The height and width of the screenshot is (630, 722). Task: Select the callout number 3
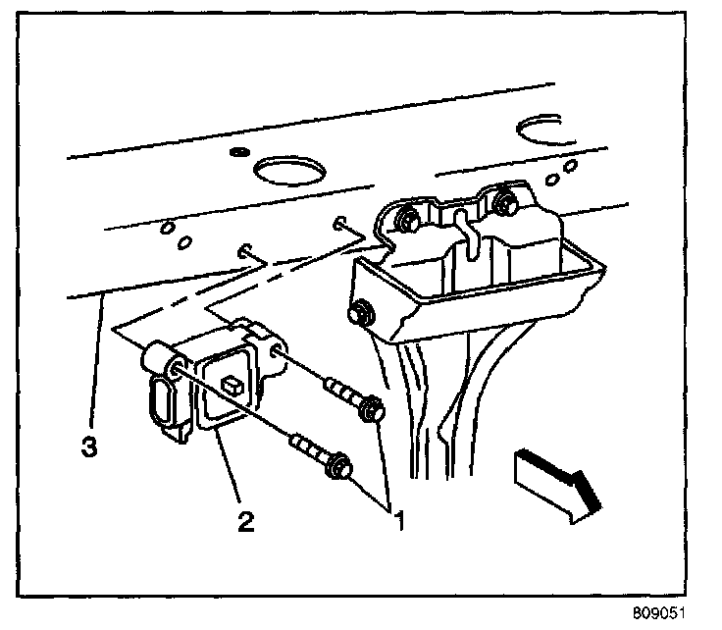[88, 447]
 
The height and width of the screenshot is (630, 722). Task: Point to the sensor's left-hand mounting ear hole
[174, 368]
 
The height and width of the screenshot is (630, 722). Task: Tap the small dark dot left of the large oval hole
[235, 153]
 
